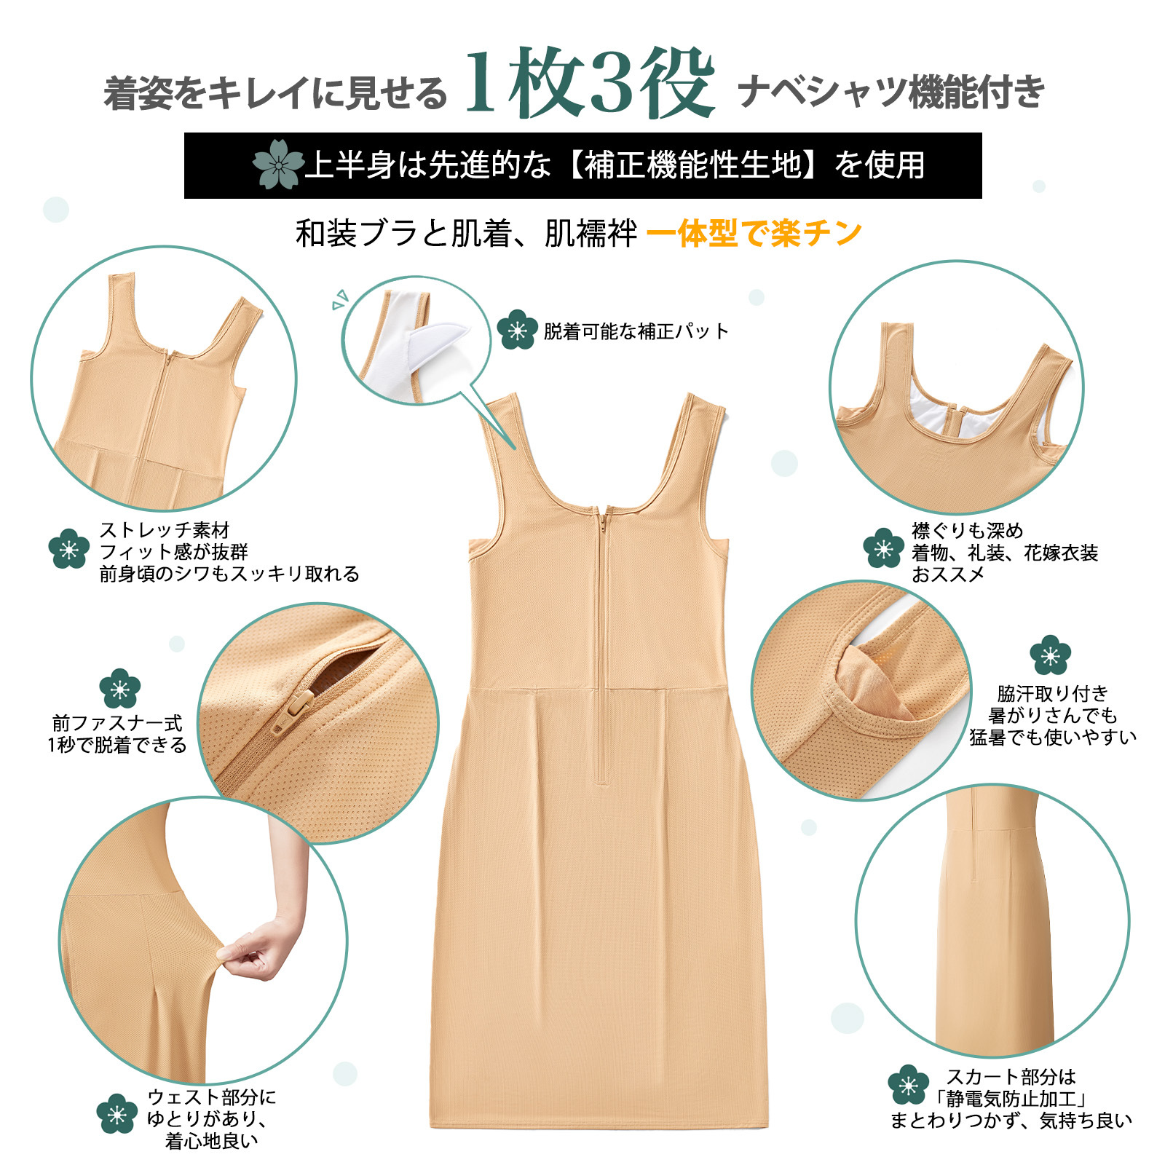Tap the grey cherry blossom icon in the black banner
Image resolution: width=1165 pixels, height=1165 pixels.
[277, 165]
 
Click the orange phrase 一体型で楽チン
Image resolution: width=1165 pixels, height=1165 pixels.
[754, 234]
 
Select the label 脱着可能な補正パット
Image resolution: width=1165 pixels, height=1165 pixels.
[636, 331]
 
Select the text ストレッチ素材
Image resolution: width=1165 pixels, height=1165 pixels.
[164, 530]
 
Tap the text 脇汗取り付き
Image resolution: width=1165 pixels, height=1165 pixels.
[1052, 693]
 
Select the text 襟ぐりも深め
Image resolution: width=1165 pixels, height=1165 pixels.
[967, 531]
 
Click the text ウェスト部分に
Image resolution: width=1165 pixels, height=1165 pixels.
[211, 1097]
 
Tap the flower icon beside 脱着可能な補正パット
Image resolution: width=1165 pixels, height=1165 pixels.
[517, 331]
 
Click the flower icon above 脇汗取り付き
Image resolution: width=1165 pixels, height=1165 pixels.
[1050, 655]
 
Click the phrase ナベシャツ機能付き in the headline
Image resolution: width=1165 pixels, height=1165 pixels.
[891, 93]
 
